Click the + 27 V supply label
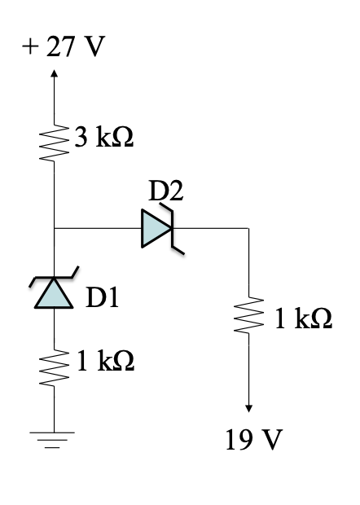click(x=64, y=48)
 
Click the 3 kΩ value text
click(x=105, y=138)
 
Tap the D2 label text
click(x=166, y=191)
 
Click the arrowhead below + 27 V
click(x=54, y=73)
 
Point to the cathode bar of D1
click(x=54, y=277)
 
